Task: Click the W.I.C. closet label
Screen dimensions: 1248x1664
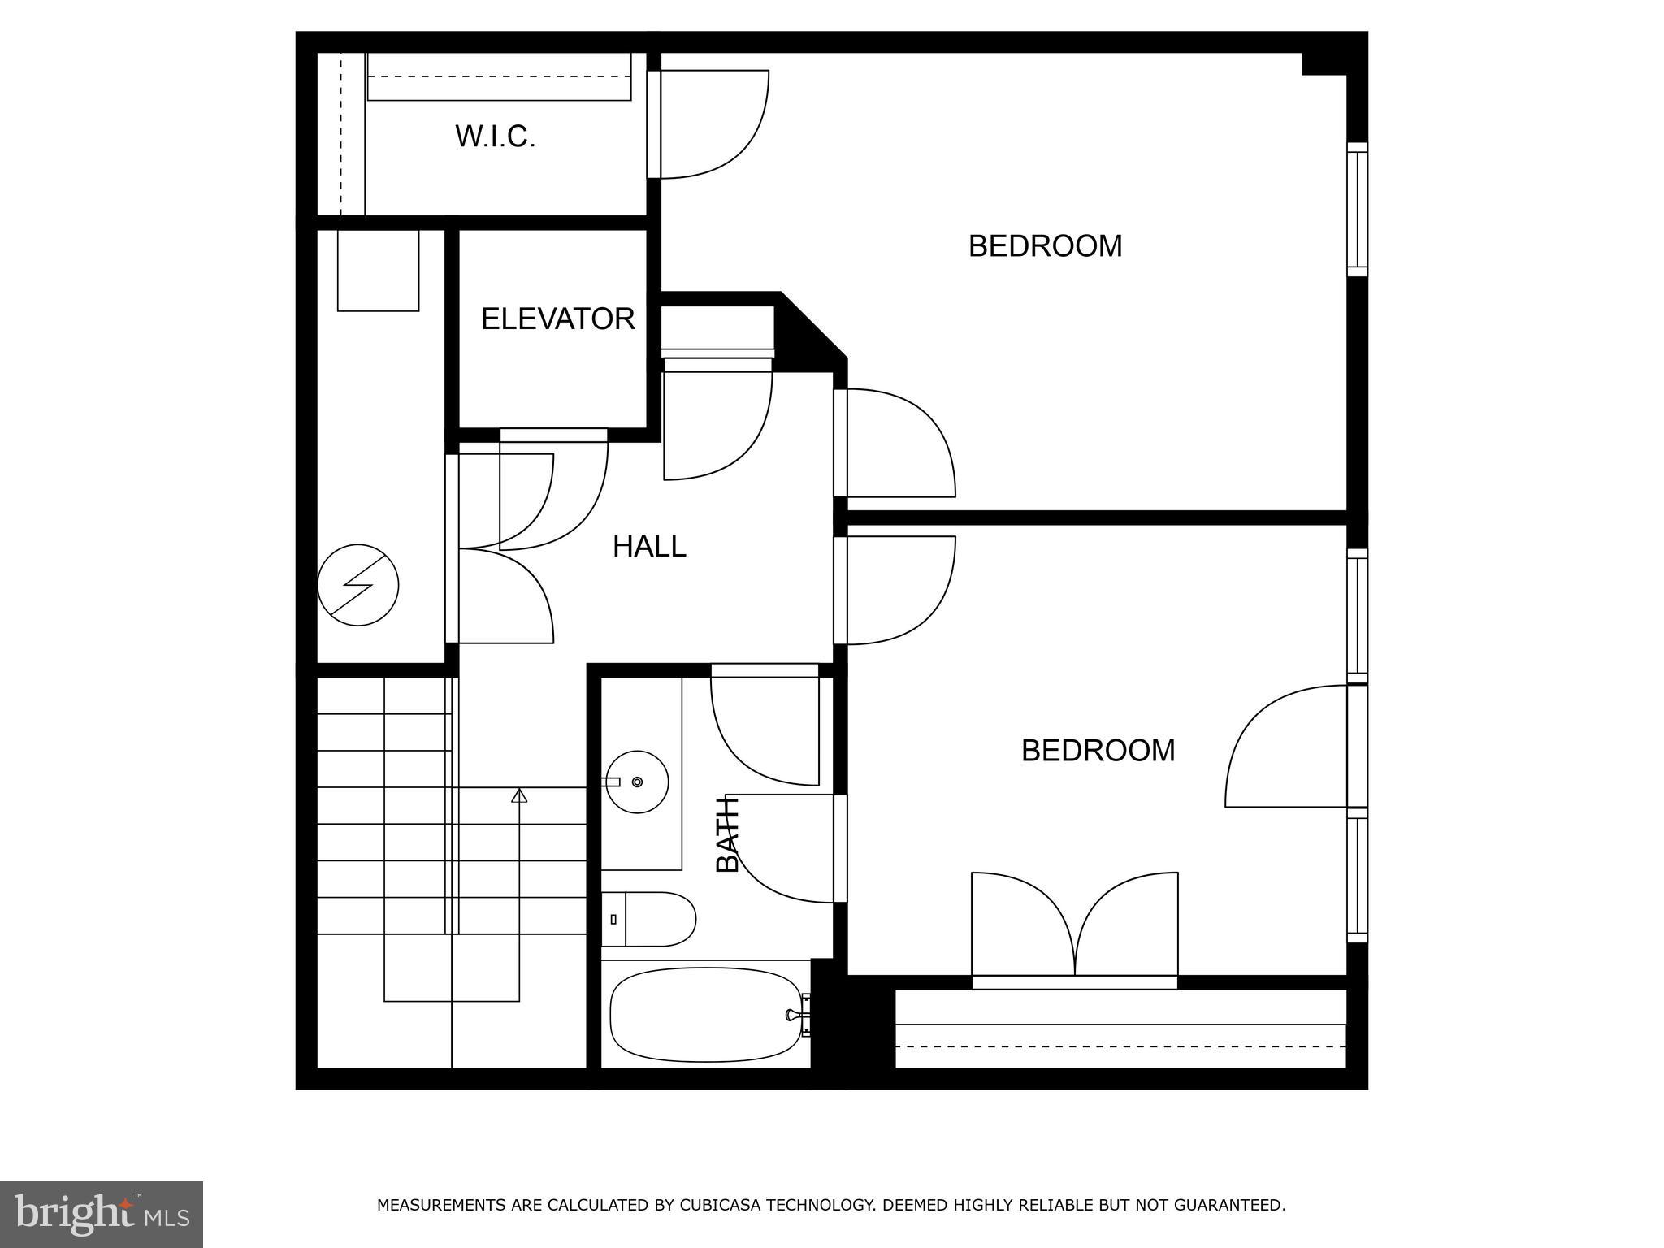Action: click(495, 136)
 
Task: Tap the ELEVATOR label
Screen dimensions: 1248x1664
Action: click(557, 318)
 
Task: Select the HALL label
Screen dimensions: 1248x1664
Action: click(649, 546)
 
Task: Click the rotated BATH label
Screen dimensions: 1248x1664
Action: click(728, 834)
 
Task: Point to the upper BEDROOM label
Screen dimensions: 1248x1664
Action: click(1045, 245)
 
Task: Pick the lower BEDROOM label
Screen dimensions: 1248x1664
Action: click(1098, 750)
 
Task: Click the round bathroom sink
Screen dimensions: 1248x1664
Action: click(638, 782)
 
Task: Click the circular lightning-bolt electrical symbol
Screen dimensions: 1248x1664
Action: click(358, 585)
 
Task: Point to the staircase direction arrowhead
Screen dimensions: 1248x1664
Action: click(519, 795)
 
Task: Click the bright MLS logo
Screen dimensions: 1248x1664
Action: click(102, 1214)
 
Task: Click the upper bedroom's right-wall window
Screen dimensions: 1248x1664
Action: click(1357, 210)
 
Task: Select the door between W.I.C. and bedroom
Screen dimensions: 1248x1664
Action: click(707, 123)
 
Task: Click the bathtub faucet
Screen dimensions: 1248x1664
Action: click(795, 1014)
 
